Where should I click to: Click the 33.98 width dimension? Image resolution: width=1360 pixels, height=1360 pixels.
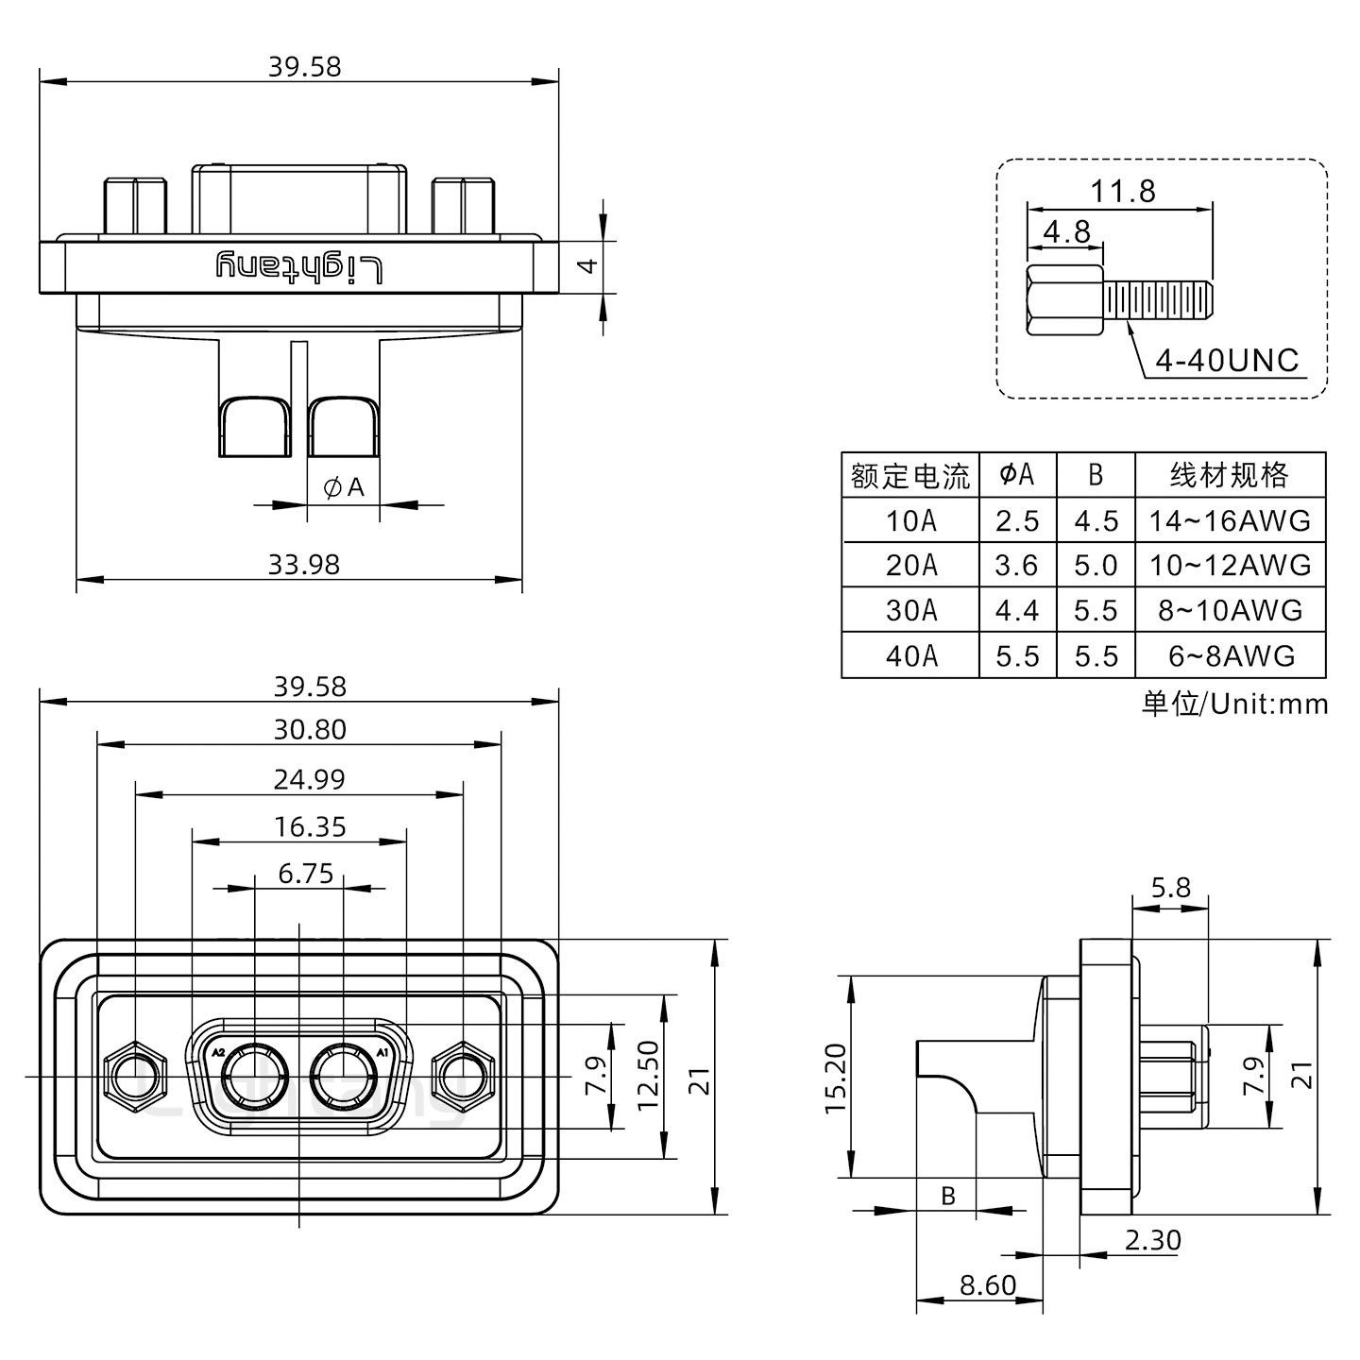[x=303, y=564]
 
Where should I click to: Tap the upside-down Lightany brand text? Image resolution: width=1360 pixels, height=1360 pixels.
[x=299, y=267]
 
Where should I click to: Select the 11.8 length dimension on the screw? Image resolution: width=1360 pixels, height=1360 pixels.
[x=1123, y=192]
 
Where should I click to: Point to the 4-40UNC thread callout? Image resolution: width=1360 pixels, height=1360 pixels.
[x=1227, y=360]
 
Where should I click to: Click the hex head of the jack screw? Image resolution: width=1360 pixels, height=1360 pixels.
[x=1064, y=301]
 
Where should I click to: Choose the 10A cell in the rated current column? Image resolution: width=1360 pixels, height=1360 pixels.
[x=910, y=520]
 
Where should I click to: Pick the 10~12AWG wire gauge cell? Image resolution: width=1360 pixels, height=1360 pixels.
[x=1230, y=566]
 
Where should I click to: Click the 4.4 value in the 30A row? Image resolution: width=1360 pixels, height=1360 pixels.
[x=1016, y=611]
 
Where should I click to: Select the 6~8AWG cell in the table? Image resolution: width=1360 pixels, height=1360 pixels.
[x=1230, y=655]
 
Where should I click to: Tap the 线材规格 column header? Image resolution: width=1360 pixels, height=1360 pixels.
[x=1230, y=475]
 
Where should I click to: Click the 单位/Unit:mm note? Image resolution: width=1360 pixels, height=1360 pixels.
[x=1234, y=704]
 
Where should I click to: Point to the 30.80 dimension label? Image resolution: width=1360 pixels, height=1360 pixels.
[x=310, y=729]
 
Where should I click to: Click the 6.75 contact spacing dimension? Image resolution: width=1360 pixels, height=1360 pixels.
[x=305, y=874]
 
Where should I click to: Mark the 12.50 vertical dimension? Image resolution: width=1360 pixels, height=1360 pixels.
[x=648, y=1076]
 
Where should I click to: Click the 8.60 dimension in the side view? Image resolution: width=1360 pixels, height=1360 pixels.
[x=987, y=1285]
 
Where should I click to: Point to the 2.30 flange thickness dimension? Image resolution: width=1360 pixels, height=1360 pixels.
[x=1152, y=1239]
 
